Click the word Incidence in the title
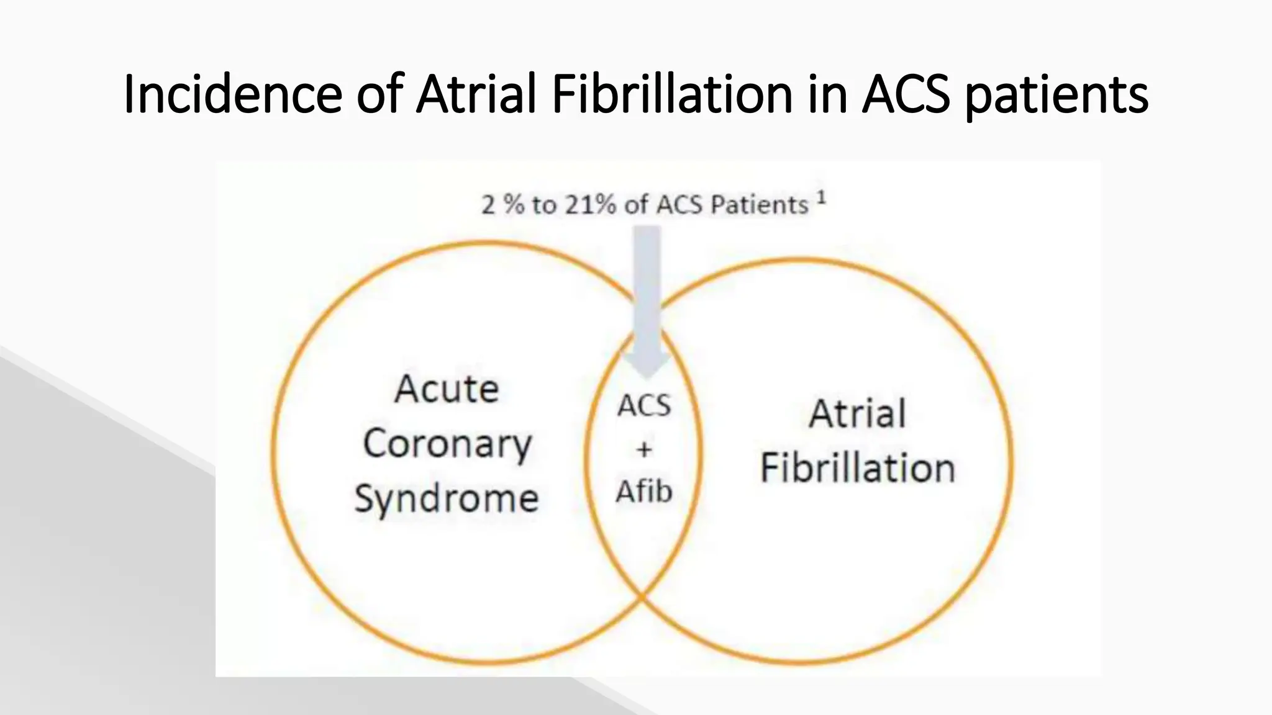233,95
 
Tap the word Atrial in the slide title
476,95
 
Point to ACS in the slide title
906,95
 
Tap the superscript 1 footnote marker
821,198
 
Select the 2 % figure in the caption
502,205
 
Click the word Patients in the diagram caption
759,205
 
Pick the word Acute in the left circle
447,389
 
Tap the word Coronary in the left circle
447,445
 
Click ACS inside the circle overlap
644,407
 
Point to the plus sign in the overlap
644,449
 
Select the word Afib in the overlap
644,492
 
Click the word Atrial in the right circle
858,414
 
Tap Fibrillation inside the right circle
858,468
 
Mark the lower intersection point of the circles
642,598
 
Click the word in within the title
828,95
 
